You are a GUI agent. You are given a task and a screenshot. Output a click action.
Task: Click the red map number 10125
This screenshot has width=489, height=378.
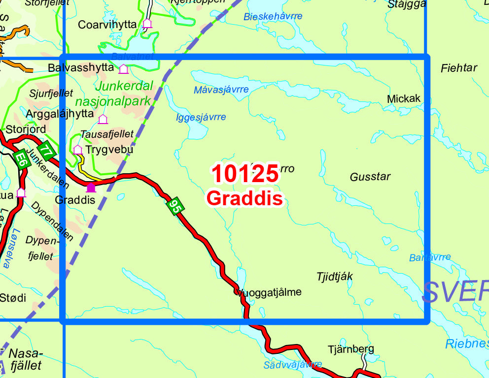coord(245,174)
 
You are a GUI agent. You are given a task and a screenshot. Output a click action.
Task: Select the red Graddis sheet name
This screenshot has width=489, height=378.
coord(245,198)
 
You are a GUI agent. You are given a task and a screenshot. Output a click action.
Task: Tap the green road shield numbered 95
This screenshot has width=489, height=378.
coord(175,206)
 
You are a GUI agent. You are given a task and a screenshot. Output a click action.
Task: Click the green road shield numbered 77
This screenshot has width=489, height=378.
coord(46,150)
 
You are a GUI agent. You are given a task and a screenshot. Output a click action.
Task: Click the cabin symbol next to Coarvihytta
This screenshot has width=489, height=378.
coord(147,23)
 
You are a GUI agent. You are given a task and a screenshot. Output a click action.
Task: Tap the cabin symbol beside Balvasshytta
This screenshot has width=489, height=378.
coord(123,69)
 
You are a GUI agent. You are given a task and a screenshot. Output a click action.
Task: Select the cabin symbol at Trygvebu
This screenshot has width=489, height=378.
coord(77,149)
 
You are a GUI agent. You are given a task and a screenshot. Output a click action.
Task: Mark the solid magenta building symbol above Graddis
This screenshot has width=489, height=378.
coord(91,187)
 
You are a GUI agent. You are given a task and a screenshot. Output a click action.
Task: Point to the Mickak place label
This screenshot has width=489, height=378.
coord(404,98)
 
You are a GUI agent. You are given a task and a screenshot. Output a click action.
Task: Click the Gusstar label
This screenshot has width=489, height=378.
coord(370,177)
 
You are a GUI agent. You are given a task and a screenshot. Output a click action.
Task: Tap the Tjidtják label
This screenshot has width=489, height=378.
coord(335,277)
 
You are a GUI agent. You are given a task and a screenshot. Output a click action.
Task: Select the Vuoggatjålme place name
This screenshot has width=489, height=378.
coord(269,292)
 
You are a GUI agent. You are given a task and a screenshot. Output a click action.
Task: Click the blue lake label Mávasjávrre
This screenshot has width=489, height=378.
coord(221,90)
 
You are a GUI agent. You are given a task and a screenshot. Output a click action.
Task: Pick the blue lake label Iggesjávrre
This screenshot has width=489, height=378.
coord(201,117)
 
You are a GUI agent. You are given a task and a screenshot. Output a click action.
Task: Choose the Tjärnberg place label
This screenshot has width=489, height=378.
coord(350,349)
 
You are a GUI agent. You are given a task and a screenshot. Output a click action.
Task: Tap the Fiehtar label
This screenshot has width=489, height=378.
coord(458,68)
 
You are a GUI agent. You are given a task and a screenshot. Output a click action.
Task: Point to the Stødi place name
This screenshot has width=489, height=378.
coord(13,298)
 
